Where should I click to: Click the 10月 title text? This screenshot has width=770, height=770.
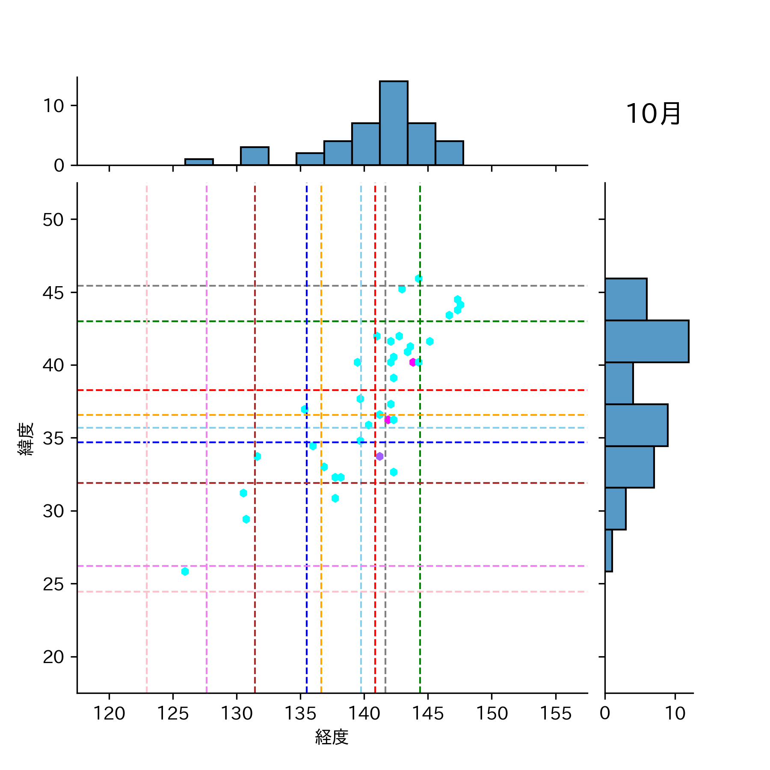653,114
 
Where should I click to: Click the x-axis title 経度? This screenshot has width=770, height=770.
332,737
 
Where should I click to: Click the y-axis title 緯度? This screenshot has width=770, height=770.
26,438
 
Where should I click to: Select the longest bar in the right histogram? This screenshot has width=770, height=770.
646,341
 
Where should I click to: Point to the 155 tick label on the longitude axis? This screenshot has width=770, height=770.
555,714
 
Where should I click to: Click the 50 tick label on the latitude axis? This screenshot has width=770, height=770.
53,220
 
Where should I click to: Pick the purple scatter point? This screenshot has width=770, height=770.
379,456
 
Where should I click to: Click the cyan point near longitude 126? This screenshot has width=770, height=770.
185,572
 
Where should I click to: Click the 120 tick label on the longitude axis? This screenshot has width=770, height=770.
109,714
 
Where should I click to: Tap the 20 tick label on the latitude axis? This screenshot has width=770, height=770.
53,657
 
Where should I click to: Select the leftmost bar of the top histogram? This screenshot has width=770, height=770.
199,162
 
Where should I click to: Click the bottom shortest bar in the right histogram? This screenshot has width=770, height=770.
608,551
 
